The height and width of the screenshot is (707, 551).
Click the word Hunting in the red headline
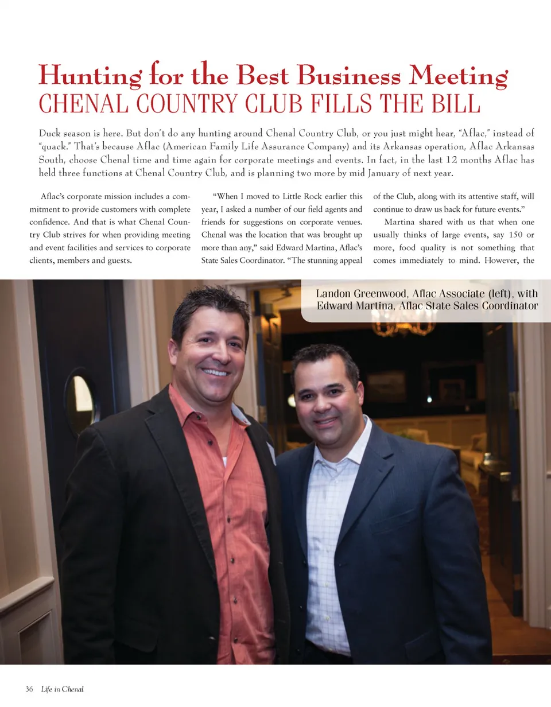point(80,77)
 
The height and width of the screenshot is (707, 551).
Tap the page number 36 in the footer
point(29,689)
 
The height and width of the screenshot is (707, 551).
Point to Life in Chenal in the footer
point(63,689)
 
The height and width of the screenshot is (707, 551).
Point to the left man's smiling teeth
point(216,372)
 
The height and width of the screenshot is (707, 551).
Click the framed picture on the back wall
point(386,386)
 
